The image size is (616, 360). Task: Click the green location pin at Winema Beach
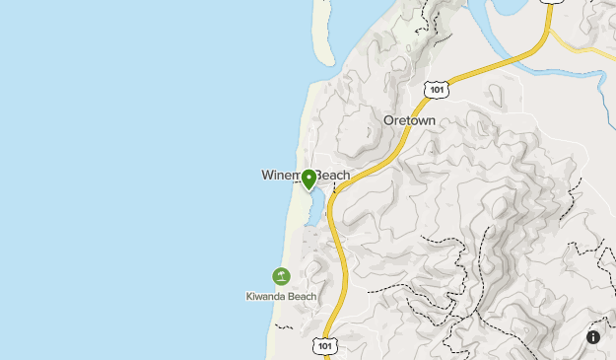pyautogui.click(x=308, y=179)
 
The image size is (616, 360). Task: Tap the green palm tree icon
pyautogui.click(x=281, y=276)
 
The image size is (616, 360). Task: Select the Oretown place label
pyautogui.click(x=409, y=120)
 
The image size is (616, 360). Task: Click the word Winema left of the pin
pyautogui.click(x=282, y=176)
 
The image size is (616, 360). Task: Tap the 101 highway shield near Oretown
pyautogui.click(x=438, y=90)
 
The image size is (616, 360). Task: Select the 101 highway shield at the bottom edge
pyautogui.click(x=325, y=345)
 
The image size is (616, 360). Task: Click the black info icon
pyautogui.click(x=593, y=337)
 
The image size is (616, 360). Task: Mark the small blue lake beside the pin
pyautogui.click(x=315, y=207)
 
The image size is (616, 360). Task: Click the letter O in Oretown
pyautogui.click(x=388, y=120)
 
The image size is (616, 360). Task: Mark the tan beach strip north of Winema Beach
pyautogui.click(x=308, y=118)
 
